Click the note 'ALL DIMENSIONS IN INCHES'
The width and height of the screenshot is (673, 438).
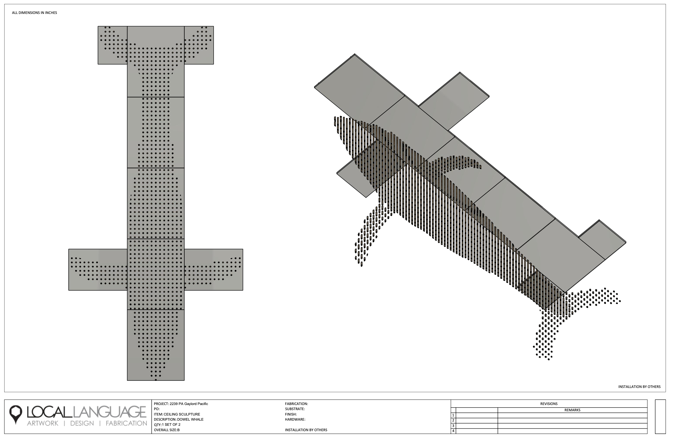point(34,13)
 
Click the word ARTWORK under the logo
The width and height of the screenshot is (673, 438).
point(43,423)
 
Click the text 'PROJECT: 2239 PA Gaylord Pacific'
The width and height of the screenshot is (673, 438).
point(181,404)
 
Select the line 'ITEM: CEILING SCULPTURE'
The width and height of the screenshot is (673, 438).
point(177,414)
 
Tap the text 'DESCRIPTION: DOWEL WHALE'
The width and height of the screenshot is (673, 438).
point(179,420)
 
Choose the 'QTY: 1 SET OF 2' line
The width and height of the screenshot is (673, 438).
point(167,425)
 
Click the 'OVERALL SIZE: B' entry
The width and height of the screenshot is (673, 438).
point(167,430)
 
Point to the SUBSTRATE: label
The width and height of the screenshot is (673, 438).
point(295,409)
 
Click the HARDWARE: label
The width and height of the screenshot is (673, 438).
point(295,420)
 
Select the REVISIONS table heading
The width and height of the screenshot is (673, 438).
point(549,404)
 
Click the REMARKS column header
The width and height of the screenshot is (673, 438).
point(572,410)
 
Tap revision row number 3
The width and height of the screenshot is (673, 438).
point(453,426)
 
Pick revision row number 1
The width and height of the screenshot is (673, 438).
point(453,415)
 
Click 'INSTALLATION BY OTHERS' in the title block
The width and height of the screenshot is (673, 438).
point(306,430)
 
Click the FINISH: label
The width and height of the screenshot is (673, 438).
point(291,414)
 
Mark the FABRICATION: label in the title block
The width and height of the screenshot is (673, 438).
point(296,404)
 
